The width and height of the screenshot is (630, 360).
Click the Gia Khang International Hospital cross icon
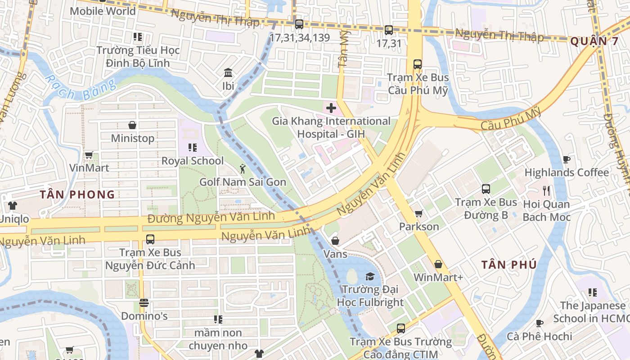331,108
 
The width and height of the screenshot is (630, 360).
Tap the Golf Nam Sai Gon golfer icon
243,169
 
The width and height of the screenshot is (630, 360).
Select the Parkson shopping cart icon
418,213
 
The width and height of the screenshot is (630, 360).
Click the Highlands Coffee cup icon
566,160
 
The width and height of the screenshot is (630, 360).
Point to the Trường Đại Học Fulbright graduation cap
369,276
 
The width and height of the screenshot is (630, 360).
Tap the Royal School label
192,161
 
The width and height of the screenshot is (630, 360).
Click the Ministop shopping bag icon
132,125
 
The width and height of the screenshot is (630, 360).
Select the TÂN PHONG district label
77,194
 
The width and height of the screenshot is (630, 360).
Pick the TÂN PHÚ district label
509,265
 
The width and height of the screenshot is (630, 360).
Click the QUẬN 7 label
594,41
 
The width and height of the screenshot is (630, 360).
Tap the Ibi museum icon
228,72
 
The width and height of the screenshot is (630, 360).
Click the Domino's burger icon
144,303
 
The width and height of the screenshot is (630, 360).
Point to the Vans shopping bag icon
335,241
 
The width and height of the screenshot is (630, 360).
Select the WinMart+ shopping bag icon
438,264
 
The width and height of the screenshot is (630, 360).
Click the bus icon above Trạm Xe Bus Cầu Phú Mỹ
418,64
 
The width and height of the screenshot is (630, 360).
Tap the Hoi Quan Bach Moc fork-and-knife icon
546,191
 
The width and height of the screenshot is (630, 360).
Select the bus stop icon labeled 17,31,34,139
299,24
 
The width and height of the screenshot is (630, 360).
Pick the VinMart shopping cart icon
89,155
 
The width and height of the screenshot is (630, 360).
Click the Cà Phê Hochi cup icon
539,323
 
